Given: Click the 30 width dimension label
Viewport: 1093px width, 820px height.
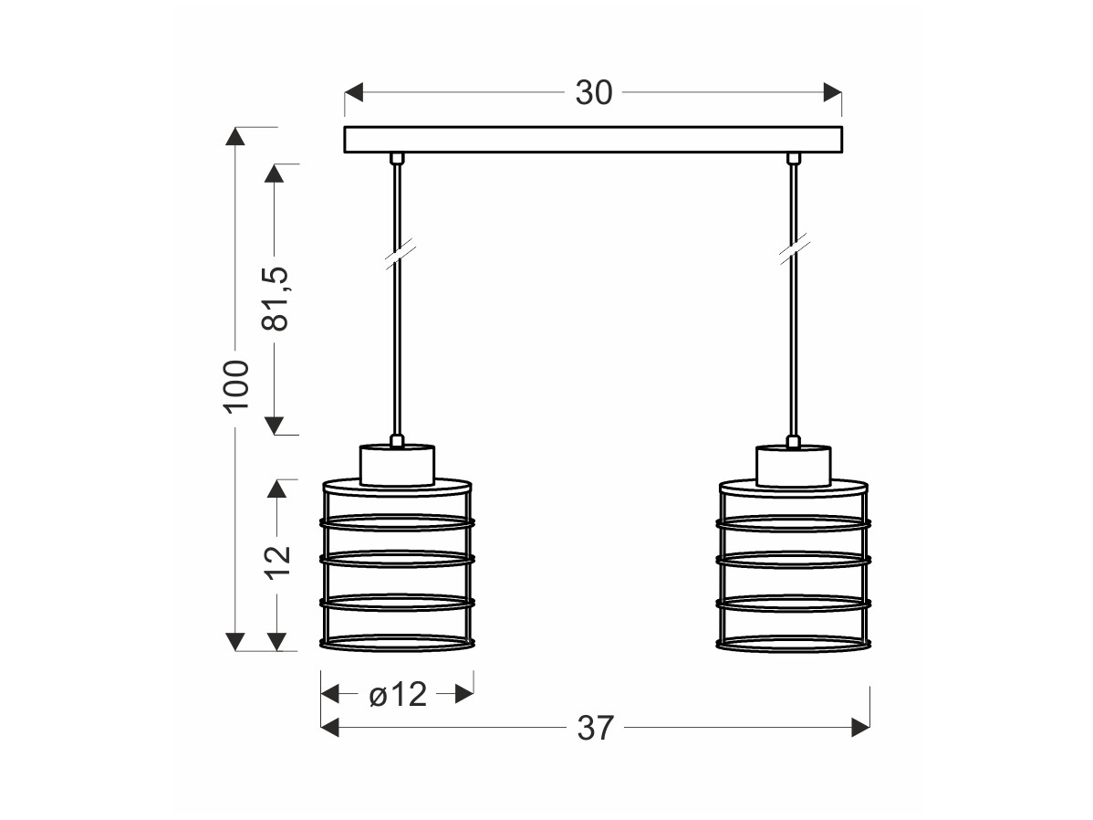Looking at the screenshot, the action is pyautogui.click(x=594, y=93).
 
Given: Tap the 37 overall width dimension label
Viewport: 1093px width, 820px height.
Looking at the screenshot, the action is pyautogui.click(x=595, y=729).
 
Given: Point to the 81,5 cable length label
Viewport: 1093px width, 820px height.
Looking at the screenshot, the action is pyautogui.click(x=276, y=298).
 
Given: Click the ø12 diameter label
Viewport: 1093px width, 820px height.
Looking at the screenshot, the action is pyautogui.click(x=397, y=694).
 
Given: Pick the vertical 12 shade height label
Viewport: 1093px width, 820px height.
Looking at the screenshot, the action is pyautogui.click(x=277, y=562).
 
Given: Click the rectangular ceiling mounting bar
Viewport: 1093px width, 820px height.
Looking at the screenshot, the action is pyautogui.click(x=593, y=140).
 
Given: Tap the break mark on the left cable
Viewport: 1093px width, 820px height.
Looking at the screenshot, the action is pyautogui.click(x=400, y=254).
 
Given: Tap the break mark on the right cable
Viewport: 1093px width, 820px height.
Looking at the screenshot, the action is pyautogui.click(x=794, y=250).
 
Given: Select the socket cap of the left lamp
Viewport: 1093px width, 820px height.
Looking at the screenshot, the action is pyautogui.click(x=397, y=465).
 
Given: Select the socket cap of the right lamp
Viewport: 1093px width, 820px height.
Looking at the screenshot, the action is pyautogui.click(x=793, y=466).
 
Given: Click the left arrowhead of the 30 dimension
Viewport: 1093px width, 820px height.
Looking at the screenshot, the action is pyautogui.click(x=354, y=92).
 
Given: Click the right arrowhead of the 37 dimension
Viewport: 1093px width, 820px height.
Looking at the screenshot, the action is pyautogui.click(x=860, y=728).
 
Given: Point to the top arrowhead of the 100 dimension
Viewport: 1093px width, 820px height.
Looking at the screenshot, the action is pyautogui.click(x=235, y=136).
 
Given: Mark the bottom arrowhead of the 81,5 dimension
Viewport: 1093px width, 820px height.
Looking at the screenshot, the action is pyautogui.click(x=275, y=426).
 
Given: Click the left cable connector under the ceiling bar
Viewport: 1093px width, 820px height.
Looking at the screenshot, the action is pyautogui.click(x=397, y=158).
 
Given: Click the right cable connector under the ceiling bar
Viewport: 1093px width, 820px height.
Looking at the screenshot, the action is pyautogui.click(x=793, y=158).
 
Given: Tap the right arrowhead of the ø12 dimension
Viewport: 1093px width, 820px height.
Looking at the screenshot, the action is pyautogui.click(x=464, y=694).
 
